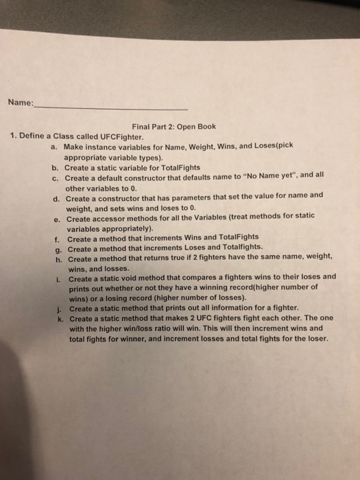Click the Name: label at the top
(21, 103)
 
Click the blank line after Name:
(110, 108)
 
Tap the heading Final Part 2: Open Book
(174, 126)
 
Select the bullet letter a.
(54, 146)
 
